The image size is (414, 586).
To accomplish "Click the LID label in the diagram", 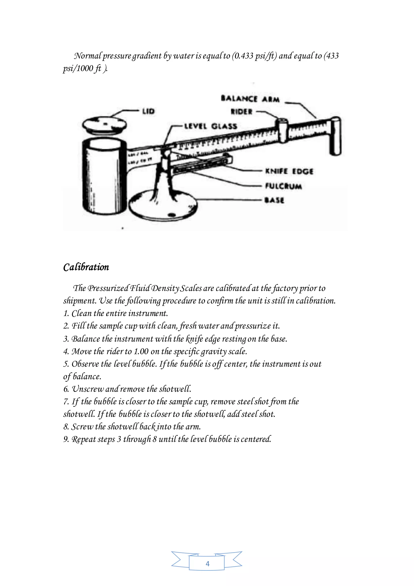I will click(x=148, y=111).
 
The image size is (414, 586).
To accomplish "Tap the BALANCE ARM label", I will click(x=250, y=99).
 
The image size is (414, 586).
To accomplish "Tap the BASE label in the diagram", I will click(x=274, y=200).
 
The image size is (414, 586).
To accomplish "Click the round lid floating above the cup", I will click(x=105, y=125).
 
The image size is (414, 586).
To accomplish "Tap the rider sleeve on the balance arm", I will click(x=282, y=130).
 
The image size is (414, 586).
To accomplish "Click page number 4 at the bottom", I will click(x=207, y=564).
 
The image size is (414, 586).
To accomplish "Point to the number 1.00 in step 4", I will click(x=141, y=351).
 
